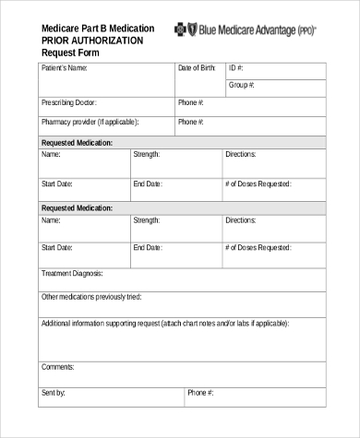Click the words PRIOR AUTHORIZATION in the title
click(92, 41)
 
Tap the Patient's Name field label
click(65, 68)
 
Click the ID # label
click(235, 68)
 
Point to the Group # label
click(242, 85)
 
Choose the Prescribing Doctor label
click(69, 102)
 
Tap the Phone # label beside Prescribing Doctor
click(191, 102)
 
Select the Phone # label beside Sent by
click(200, 393)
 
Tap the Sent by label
click(54, 393)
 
